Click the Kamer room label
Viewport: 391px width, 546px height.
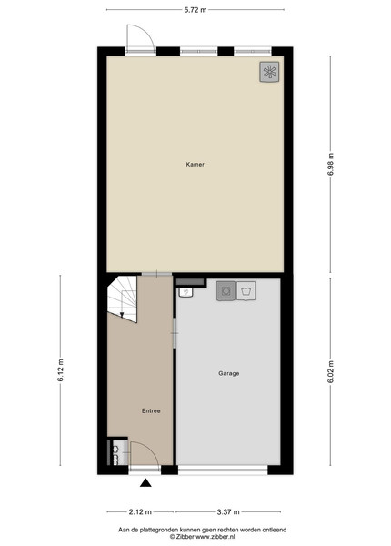tap(195, 164)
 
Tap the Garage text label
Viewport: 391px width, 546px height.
tap(228, 373)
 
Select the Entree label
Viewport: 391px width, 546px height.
tap(151, 411)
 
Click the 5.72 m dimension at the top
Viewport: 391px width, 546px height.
tap(195, 10)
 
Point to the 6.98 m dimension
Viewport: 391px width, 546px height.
tap(330, 164)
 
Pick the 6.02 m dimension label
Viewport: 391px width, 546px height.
tap(330, 372)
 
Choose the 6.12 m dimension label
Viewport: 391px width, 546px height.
tap(61, 370)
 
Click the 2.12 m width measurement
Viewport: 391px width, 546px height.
tap(140, 511)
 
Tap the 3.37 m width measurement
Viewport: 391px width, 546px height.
tap(228, 511)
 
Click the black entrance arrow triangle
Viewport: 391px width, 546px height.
tap(145, 482)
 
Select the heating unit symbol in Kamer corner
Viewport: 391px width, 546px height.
tap(269, 72)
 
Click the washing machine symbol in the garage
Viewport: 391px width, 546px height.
tap(226, 291)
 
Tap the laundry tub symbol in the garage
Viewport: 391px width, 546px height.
tap(246, 291)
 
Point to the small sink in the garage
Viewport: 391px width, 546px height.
tap(186, 292)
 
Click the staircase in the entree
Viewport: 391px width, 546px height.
tap(122, 298)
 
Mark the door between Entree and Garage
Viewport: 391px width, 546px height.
tap(175, 333)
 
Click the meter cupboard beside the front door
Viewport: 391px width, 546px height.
tap(115, 452)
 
